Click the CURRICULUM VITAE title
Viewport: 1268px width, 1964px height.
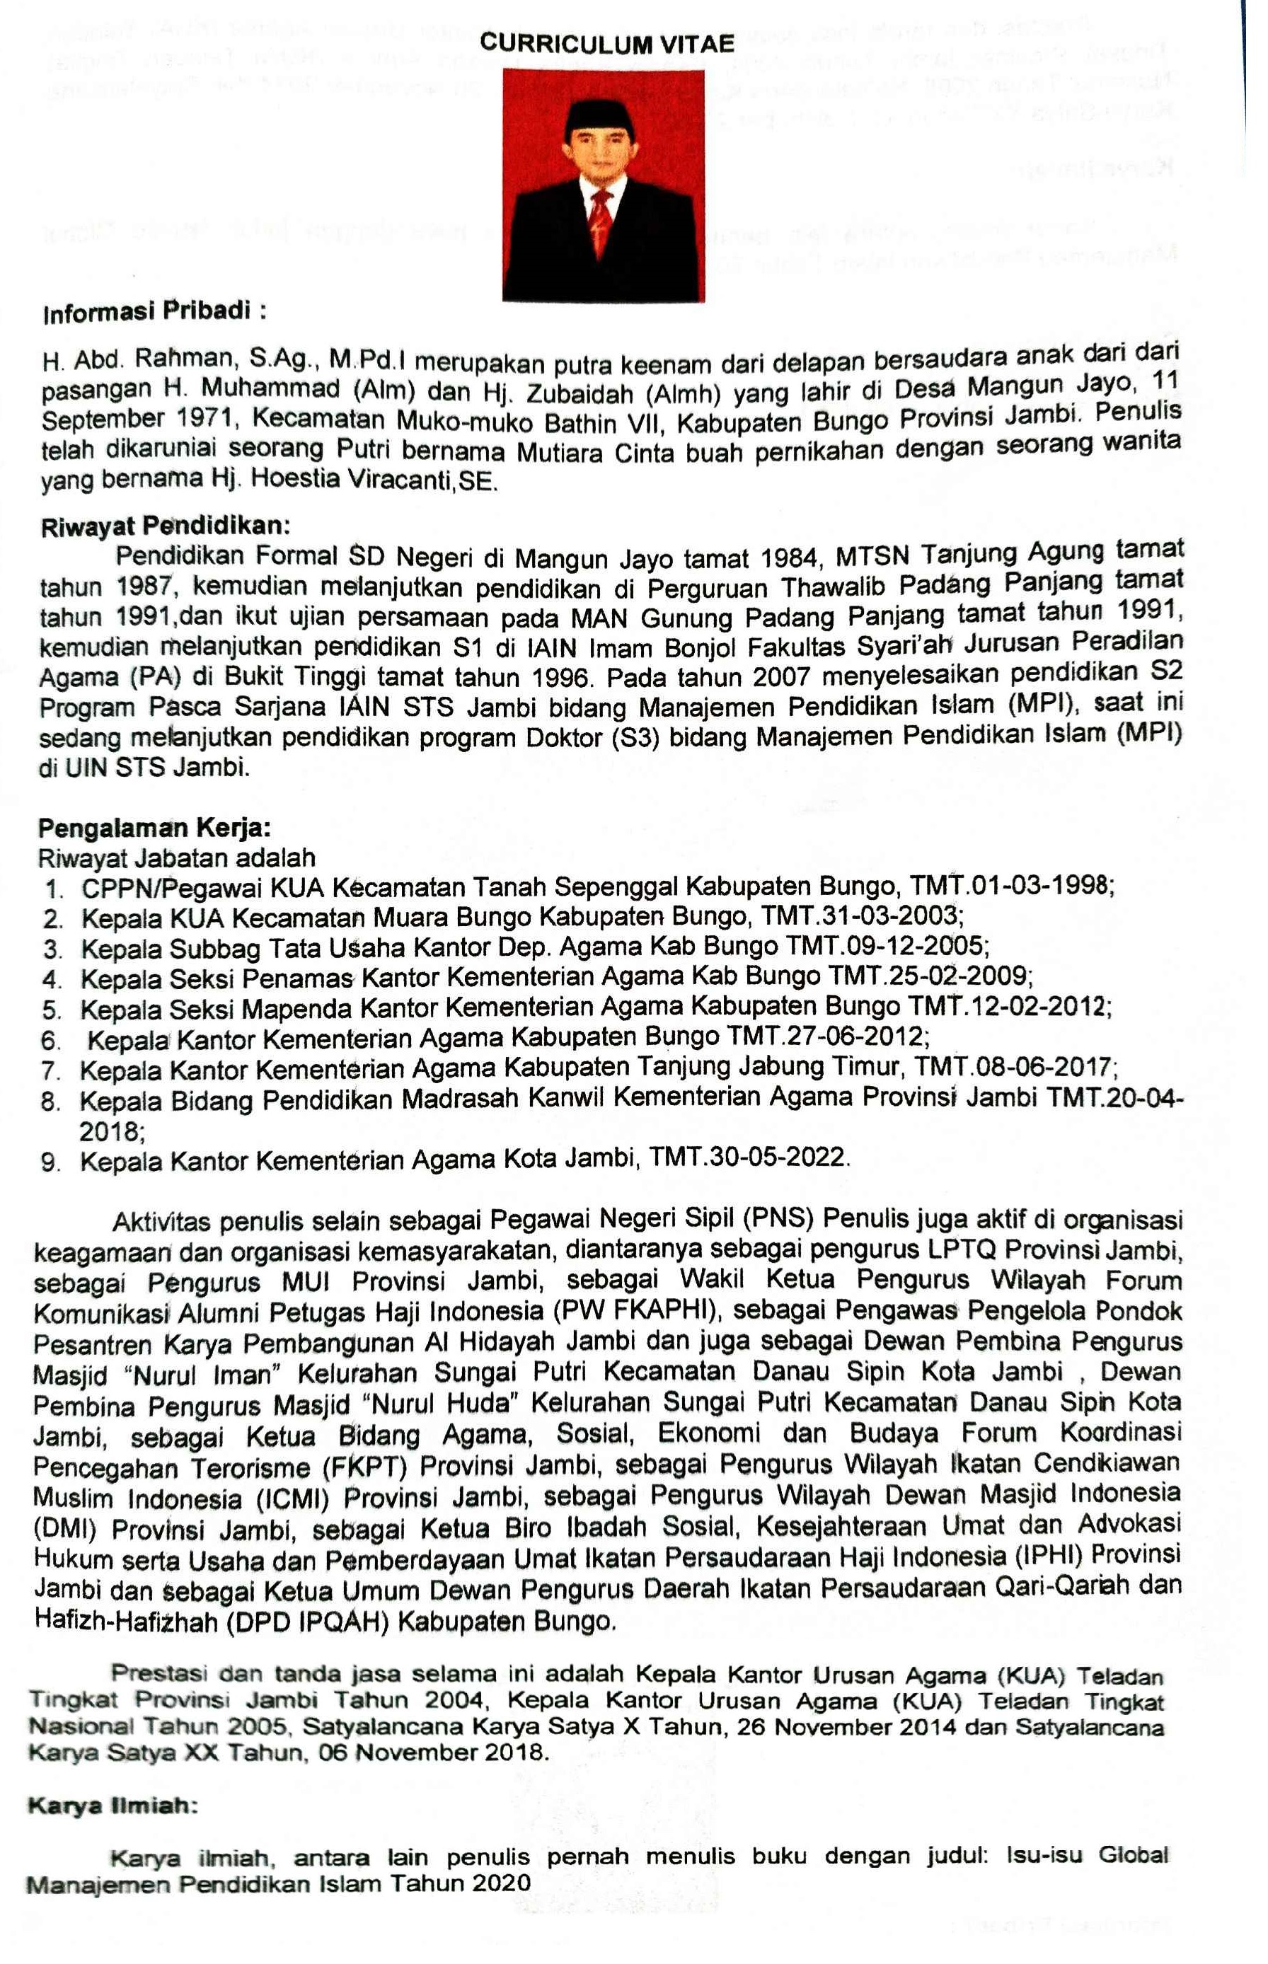point(607,44)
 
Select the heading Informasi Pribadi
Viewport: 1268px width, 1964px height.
point(155,313)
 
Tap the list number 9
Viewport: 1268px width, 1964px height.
point(51,1162)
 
